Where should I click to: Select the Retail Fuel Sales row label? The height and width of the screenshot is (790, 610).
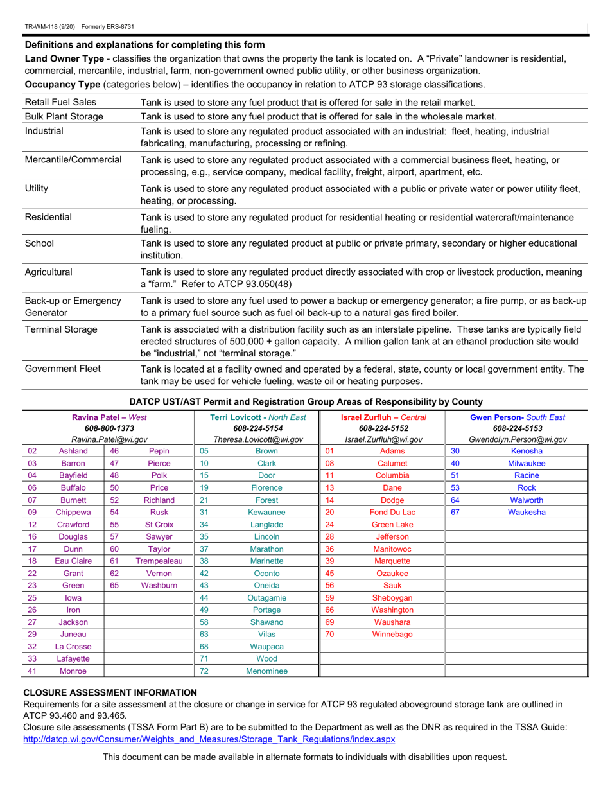pyautogui.click(x=60, y=102)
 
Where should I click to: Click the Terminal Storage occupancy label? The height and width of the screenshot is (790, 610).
pyautogui.click(x=61, y=329)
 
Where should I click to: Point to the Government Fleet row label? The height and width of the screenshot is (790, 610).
pyautogui.click(x=62, y=369)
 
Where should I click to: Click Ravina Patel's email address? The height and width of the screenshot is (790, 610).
pyautogui.click(x=107, y=439)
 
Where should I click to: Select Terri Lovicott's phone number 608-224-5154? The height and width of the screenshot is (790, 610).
pyautogui.click(x=257, y=428)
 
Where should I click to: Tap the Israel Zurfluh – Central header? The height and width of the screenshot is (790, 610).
pyautogui.click(x=383, y=417)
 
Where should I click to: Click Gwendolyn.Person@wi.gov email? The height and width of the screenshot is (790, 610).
pyautogui.click(x=518, y=439)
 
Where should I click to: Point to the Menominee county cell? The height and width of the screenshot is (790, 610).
pyautogui.click(x=266, y=671)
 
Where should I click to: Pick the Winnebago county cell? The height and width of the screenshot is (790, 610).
pyautogui.click(x=392, y=634)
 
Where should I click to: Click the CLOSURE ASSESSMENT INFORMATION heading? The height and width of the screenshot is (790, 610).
pyautogui.click(x=110, y=692)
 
